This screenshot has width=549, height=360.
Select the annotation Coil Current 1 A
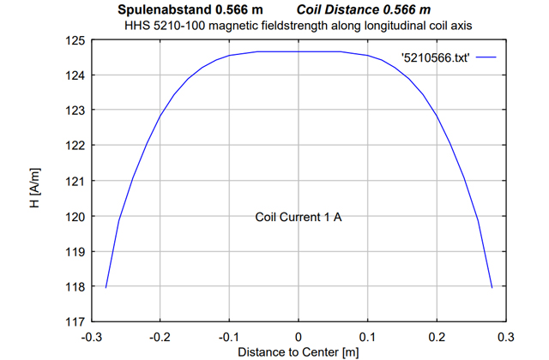pos(299,217)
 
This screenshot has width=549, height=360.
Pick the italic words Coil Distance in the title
pos(340,10)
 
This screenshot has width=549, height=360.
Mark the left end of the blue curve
pos(106,287)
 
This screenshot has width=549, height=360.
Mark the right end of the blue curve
pos(492,287)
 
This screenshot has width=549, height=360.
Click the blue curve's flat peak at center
pos(299,51)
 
